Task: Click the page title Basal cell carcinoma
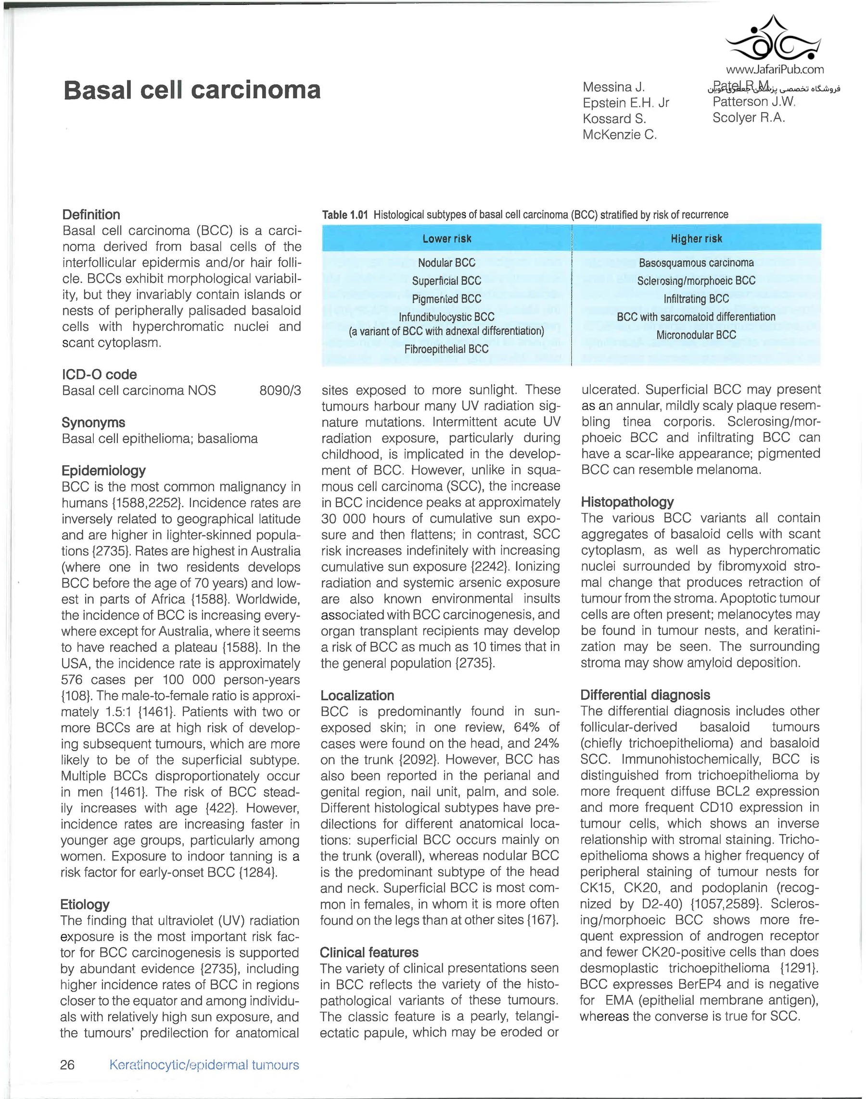click(191, 90)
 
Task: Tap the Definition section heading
click(91, 215)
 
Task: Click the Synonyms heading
click(93, 422)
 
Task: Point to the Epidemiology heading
click(103, 471)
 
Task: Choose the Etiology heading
click(85, 904)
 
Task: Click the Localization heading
click(357, 695)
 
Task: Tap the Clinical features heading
click(369, 952)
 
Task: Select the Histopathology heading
click(627, 502)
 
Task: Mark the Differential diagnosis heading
click(646, 695)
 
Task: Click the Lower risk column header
click(446, 239)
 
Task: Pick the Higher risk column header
click(696, 239)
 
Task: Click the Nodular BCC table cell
click(446, 263)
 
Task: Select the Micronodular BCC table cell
click(696, 335)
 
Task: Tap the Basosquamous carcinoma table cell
click(696, 263)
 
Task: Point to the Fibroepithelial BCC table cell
click(446, 349)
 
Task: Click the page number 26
click(67, 1065)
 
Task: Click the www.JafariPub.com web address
click(775, 69)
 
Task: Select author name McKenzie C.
click(620, 135)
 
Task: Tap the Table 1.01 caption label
click(345, 215)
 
